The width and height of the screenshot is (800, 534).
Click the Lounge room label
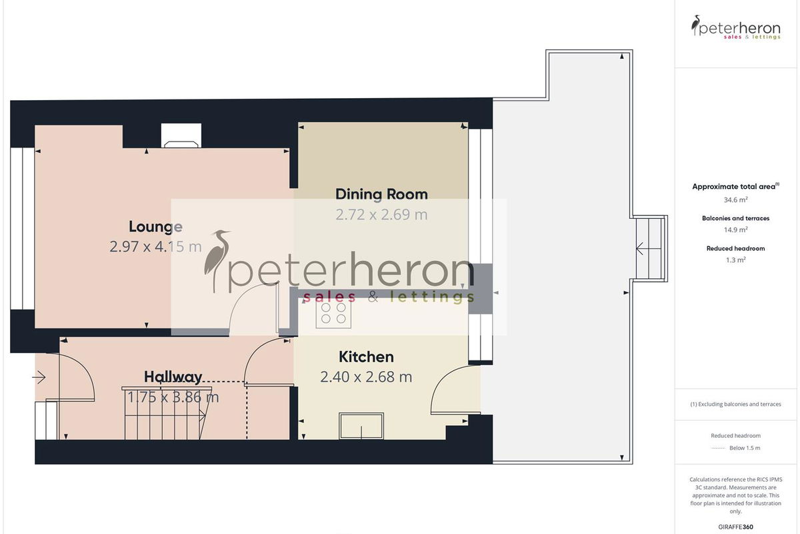coord(156,227)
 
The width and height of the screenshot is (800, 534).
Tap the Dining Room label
coord(381,194)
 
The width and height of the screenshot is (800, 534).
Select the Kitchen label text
coord(366,357)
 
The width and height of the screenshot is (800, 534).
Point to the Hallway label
coord(173,377)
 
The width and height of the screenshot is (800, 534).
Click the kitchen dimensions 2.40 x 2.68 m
coord(366,377)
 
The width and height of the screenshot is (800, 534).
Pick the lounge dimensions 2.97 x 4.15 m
coord(156,247)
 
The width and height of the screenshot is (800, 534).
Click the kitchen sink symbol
coord(361,426)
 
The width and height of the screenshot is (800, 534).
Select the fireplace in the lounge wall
coord(181,136)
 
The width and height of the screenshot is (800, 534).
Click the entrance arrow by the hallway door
coord(39,377)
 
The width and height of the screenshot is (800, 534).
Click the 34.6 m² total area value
coord(735,200)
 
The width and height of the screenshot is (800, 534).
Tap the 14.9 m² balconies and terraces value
coord(735,230)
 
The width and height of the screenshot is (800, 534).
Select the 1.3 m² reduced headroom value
coord(735,260)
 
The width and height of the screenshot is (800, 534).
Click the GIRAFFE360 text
coord(735,527)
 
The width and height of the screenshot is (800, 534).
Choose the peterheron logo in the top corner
coord(735,27)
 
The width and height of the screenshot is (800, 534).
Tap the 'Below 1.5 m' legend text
coord(745,448)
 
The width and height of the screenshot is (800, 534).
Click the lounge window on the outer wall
coord(23,228)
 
